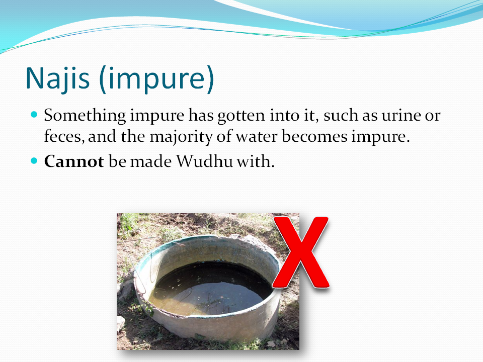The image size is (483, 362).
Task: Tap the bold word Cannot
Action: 73,162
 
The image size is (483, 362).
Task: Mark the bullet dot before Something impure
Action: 34,115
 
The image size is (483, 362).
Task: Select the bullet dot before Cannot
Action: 34,161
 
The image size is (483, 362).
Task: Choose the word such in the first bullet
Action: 341,116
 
